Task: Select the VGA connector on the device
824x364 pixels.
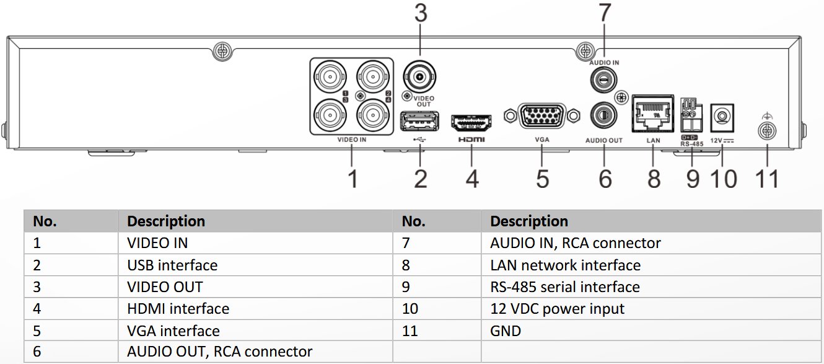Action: point(542,117)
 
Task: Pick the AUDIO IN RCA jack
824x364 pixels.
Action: point(604,79)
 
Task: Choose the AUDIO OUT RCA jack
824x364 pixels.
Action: point(604,115)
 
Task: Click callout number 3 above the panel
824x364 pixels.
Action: point(421,14)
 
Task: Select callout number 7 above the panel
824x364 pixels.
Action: point(605,13)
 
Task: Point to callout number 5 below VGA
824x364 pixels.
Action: point(543,178)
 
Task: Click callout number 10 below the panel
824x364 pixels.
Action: point(723,179)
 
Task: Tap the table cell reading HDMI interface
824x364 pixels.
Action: point(178,309)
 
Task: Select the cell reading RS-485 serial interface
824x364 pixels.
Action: point(564,287)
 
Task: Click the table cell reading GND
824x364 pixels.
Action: point(505,331)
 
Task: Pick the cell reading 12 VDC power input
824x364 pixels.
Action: point(557,309)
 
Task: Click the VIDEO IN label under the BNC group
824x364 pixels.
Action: point(351,140)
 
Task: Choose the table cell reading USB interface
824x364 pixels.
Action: point(172,265)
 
